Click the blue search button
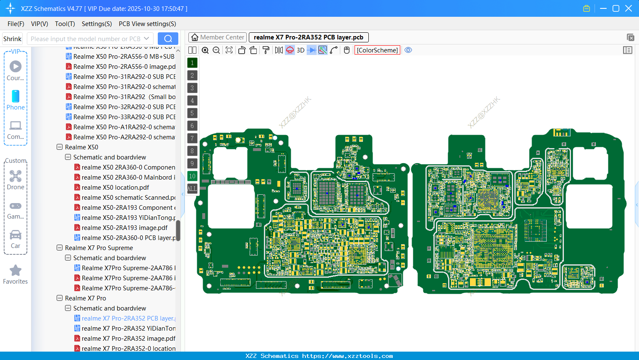[x=168, y=39]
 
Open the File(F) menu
[x=16, y=24]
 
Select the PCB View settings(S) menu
[x=147, y=24]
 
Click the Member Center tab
[x=217, y=37]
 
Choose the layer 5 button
[x=192, y=113]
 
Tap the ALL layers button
[x=192, y=189]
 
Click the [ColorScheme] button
[x=377, y=50]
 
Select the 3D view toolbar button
[x=300, y=50]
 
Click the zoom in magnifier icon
[x=205, y=50]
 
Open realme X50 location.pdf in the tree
[x=115, y=188]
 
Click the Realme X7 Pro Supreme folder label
[x=99, y=248]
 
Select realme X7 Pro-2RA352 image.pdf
[x=128, y=339]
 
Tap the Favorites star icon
[x=16, y=271]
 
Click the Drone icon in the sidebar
[x=16, y=176]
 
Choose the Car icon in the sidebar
[x=16, y=235]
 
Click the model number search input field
[x=86, y=39]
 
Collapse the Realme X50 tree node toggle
[x=60, y=147]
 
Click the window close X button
[x=629, y=8]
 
